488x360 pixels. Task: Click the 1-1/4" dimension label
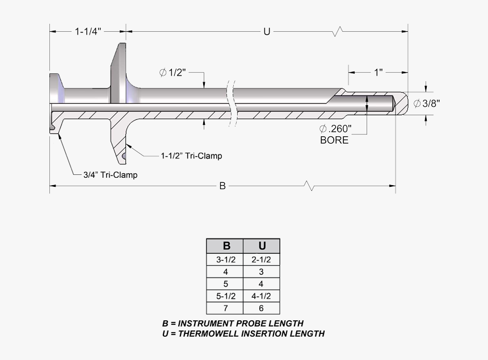[88, 32]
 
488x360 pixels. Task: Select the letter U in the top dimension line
[266, 32]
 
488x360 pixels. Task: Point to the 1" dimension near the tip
[378, 72]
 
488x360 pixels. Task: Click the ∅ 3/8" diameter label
[427, 103]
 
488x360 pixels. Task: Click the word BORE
[334, 140]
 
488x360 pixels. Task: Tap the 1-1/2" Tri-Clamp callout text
[191, 156]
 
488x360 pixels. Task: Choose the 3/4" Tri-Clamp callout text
[110, 175]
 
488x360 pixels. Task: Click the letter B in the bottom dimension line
[222, 186]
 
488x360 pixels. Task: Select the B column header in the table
[226, 246]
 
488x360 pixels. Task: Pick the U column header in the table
[262, 246]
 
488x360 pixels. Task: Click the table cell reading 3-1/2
[225, 259]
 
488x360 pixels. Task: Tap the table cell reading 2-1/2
[261, 259]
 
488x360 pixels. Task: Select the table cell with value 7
[225, 308]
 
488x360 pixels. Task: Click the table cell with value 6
[261, 308]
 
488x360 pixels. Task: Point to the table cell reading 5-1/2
[225, 296]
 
